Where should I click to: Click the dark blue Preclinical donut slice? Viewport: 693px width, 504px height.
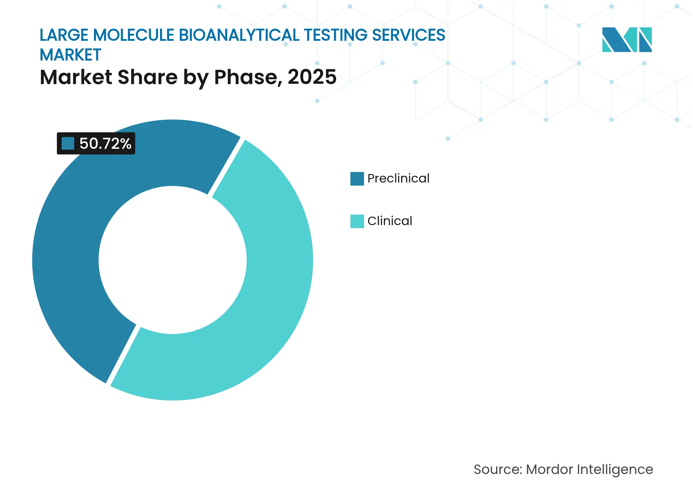[68, 238]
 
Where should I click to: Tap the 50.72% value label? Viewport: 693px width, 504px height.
[105, 143]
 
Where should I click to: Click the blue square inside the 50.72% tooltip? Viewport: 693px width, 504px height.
[68, 143]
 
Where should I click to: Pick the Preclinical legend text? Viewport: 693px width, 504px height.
[398, 178]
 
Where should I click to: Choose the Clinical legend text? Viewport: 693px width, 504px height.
[390, 221]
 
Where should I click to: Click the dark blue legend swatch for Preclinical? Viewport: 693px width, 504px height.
[357, 178]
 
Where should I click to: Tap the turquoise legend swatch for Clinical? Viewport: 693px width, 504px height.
[357, 221]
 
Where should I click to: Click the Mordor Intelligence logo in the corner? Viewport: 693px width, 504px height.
[627, 40]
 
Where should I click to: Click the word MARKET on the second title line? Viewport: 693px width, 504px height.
[70, 55]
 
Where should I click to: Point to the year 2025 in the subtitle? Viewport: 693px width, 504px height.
[312, 77]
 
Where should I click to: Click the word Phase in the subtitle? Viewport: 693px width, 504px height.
[248, 77]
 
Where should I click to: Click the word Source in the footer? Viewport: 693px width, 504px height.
[497, 470]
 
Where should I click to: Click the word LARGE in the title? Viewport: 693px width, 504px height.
[64, 35]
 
